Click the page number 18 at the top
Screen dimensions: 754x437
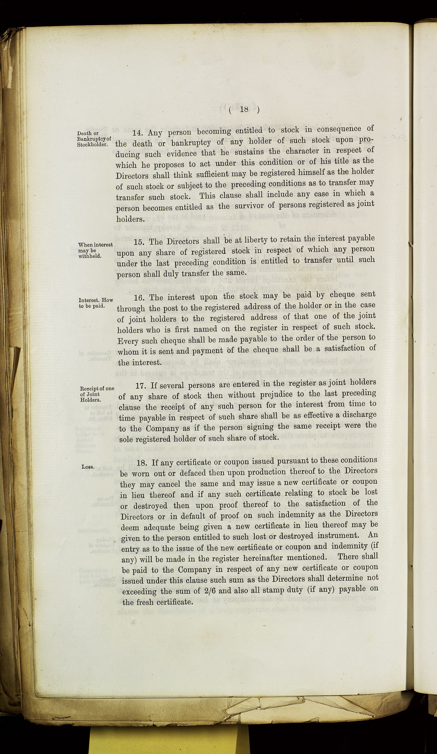[x=244, y=109]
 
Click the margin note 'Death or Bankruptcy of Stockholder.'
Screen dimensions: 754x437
[x=94, y=139]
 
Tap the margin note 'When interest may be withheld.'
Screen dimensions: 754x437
[x=95, y=250]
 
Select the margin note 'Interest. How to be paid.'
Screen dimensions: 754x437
[x=95, y=303]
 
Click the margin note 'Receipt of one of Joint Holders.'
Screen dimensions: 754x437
[x=97, y=394]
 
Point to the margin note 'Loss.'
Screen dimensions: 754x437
[x=88, y=467]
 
